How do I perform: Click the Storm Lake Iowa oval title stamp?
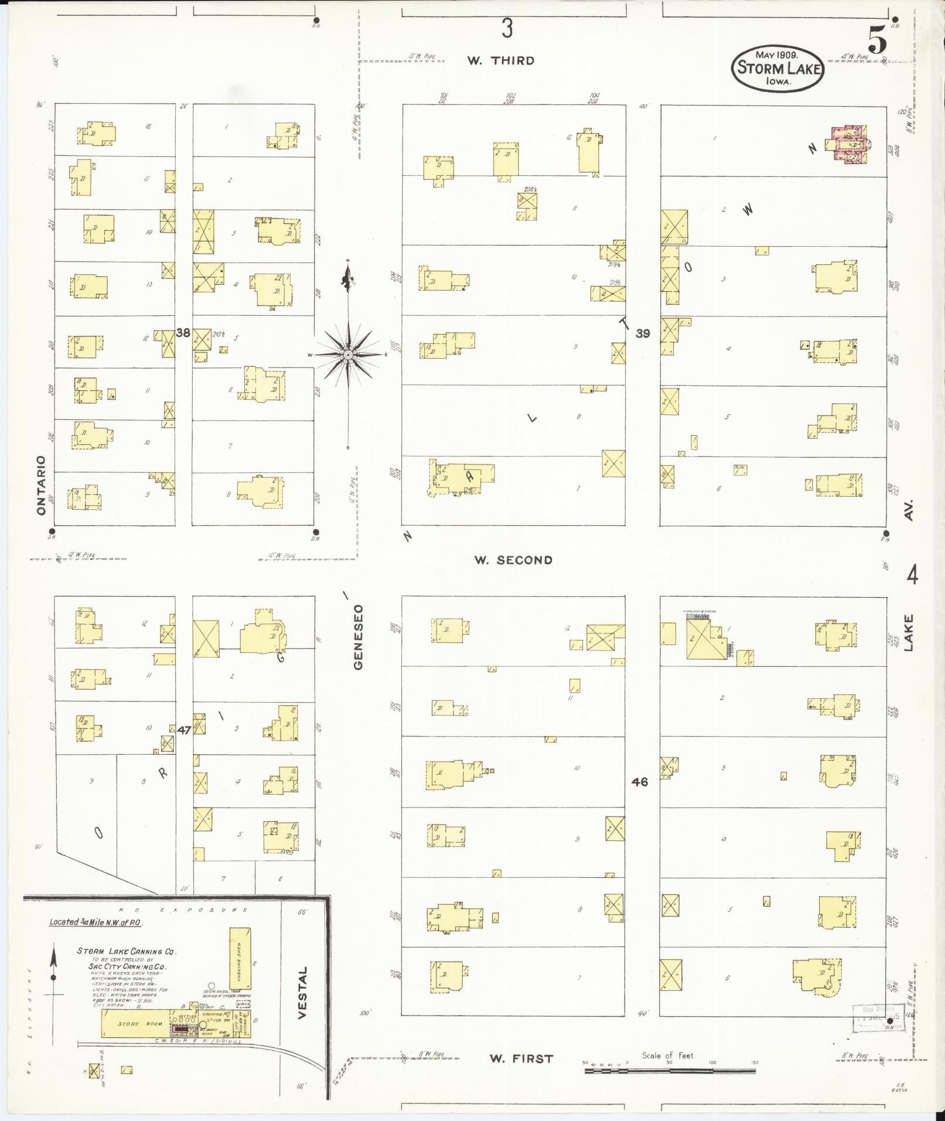[x=777, y=69]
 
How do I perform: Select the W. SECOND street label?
[x=513, y=560]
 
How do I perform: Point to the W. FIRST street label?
[x=513, y=1058]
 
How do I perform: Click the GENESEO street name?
[x=359, y=636]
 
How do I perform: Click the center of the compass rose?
[x=348, y=355]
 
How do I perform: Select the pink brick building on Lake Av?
[x=848, y=144]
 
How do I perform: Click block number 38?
[x=183, y=333]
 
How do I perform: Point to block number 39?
[x=643, y=333]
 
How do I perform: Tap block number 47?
[x=184, y=730]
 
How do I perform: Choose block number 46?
[x=640, y=782]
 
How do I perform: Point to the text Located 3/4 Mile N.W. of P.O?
[x=96, y=921]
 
